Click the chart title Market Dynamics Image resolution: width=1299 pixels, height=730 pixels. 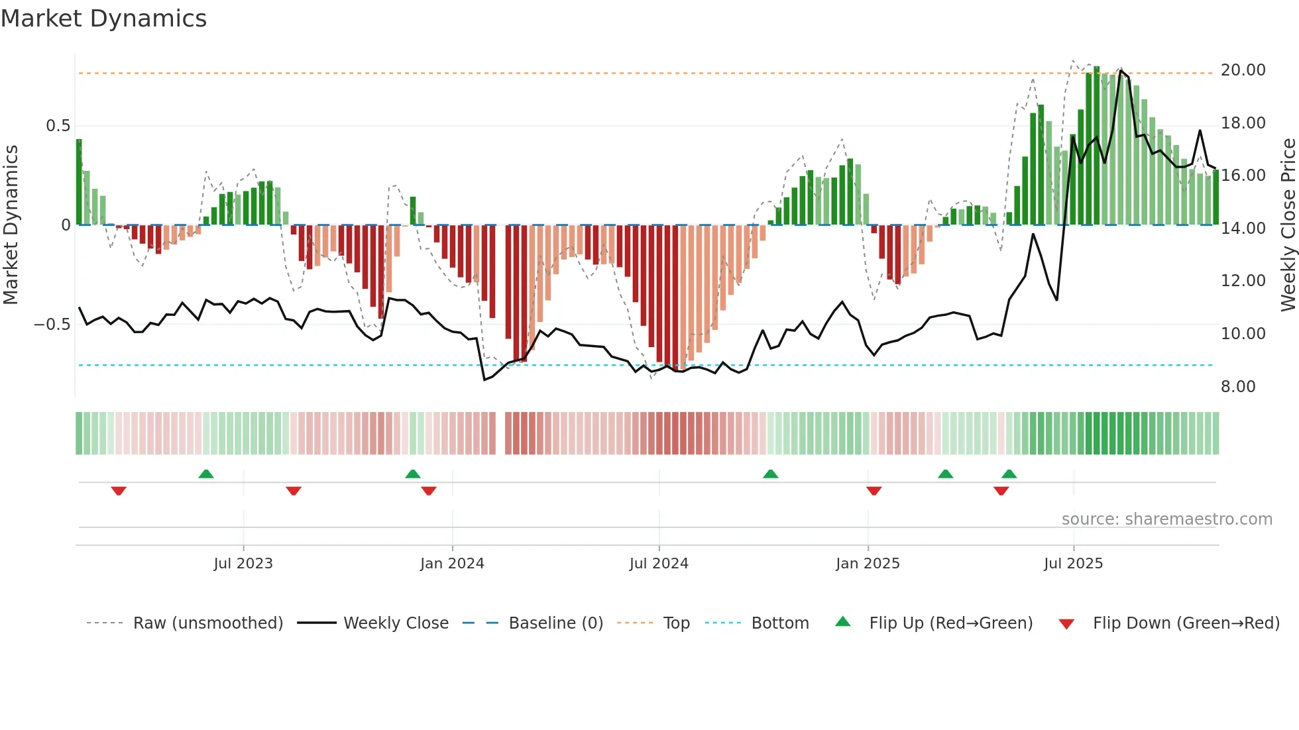(103, 19)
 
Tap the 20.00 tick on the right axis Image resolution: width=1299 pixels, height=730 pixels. (1243, 70)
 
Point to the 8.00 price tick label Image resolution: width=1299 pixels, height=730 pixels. (1237, 387)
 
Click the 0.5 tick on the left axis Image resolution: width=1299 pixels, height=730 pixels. (58, 126)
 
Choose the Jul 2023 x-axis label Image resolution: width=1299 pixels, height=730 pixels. (243, 564)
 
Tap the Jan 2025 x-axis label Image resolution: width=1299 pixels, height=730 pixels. (868, 564)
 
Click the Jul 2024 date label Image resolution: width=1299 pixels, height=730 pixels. (659, 564)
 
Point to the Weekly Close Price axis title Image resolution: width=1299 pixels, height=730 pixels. (1288, 225)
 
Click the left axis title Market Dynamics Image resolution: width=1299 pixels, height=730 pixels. (11, 225)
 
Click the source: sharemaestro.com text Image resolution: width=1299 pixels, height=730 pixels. (1166, 519)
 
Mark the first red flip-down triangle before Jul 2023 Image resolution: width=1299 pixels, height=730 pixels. (119, 491)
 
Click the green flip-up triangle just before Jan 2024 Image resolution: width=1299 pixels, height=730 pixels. (413, 474)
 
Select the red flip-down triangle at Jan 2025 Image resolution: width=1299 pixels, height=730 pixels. (874, 491)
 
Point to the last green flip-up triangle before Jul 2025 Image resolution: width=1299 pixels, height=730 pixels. (1009, 474)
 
